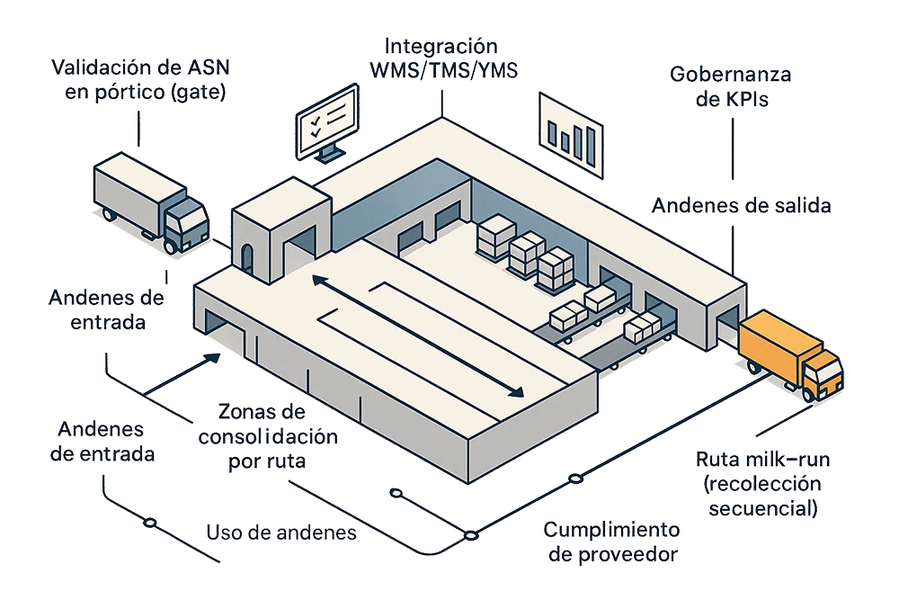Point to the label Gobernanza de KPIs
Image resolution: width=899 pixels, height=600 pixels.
(731, 86)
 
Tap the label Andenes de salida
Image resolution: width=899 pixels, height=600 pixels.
(742, 206)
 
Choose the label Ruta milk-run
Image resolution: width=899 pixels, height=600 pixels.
(765, 484)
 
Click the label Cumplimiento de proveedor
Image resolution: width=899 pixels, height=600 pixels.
(612, 542)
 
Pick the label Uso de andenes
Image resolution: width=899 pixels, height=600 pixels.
(282, 533)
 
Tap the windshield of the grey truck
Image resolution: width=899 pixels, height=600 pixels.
(190, 216)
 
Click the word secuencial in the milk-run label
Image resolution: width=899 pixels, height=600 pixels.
(763, 509)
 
